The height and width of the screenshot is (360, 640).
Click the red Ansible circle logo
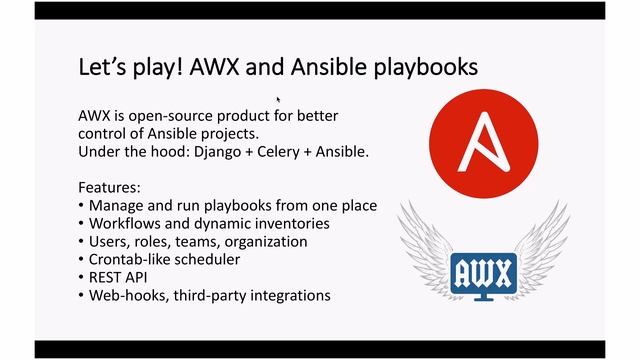[482, 136]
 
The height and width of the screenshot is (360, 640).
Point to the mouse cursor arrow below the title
[278, 99]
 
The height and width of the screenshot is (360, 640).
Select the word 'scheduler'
[209, 259]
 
